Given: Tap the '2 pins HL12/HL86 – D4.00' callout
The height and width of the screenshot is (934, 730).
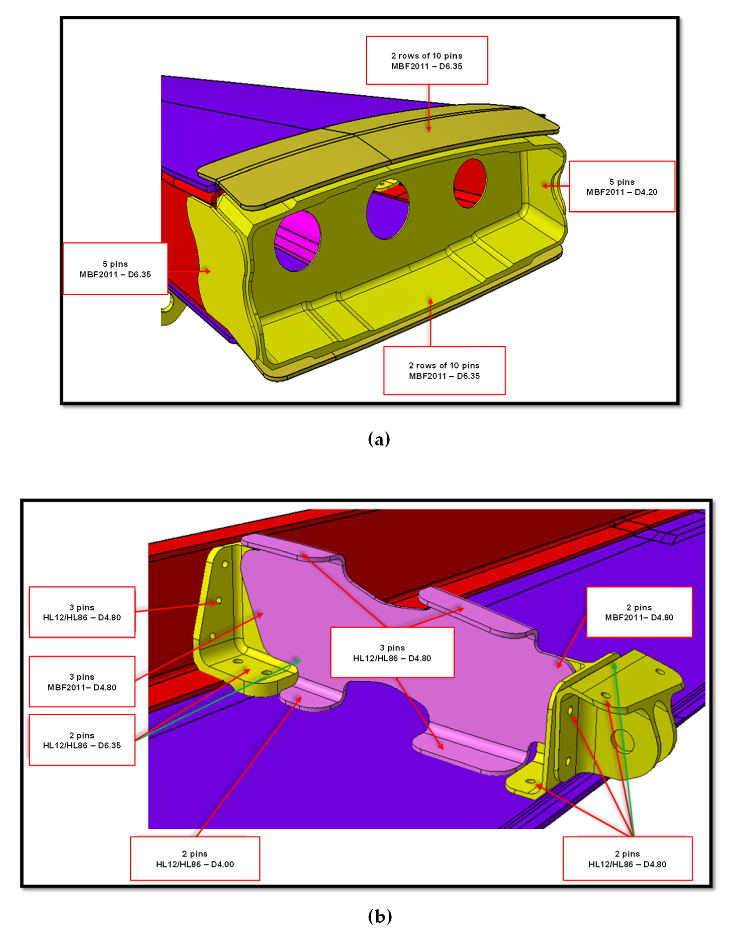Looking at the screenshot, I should coord(195,858).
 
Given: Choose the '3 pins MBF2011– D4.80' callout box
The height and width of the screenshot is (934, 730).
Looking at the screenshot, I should coord(82,682).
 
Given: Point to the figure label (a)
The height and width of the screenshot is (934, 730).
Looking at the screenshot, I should coord(379,439).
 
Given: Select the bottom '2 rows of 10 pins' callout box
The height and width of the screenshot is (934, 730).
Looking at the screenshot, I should coord(444,370).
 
